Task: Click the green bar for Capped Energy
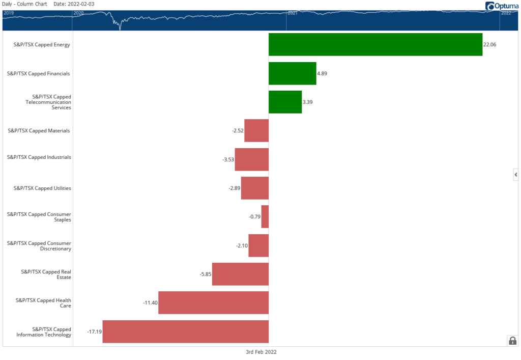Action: [x=375, y=44]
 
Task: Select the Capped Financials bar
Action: [x=292, y=73]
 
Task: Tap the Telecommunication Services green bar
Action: [x=285, y=102]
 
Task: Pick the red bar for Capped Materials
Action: [x=256, y=130]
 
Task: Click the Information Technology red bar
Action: [x=185, y=331]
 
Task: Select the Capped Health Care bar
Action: [x=213, y=302]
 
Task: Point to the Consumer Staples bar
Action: [x=265, y=216]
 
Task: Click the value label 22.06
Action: [x=489, y=45]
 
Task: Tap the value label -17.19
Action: [x=94, y=331]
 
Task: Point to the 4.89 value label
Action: [x=322, y=73]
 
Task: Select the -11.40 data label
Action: [x=150, y=303]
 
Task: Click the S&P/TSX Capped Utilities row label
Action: [x=42, y=188]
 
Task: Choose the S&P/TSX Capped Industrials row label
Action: [x=39, y=157]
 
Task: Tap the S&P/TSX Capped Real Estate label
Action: [x=46, y=274]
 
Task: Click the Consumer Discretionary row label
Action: [x=39, y=246]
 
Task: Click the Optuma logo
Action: [x=502, y=6]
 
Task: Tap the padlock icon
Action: [x=512, y=341]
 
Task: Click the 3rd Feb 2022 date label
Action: [x=261, y=352]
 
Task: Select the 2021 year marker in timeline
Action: [x=293, y=13]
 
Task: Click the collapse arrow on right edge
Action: [x=516, y=175]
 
